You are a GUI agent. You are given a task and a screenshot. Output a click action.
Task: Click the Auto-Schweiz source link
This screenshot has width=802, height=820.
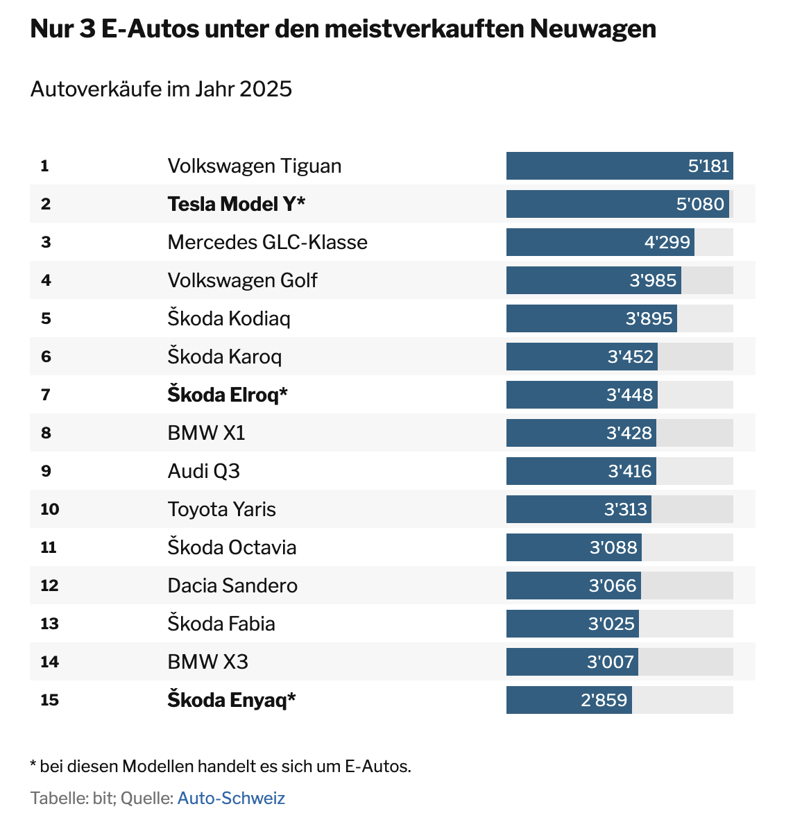231,798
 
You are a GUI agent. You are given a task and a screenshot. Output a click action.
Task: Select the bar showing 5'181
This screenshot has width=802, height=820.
619,166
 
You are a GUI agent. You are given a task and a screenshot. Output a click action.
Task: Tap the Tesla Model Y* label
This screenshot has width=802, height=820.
236,204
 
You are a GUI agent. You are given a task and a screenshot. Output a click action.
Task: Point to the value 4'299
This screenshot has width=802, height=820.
667,242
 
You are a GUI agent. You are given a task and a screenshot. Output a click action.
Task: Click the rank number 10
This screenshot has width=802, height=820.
50,509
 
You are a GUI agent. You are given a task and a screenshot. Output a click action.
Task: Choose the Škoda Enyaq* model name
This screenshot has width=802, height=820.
231,700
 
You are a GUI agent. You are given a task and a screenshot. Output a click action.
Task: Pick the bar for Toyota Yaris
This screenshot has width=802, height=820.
578,509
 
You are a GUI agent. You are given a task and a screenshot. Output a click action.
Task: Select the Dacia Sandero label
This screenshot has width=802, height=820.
232,586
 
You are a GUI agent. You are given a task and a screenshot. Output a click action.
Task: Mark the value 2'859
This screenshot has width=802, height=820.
604,700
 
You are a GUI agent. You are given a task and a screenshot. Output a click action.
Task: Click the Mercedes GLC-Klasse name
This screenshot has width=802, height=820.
267,242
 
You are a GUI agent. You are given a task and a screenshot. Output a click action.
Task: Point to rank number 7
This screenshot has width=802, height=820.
46,395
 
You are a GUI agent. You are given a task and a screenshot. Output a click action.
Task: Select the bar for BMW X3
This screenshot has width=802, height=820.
572,662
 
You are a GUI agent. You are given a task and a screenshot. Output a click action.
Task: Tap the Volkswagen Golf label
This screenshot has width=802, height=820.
242,280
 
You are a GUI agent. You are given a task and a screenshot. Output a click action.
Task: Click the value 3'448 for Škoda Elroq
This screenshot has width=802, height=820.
629,395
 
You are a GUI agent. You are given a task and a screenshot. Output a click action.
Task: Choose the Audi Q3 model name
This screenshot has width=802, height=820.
203,471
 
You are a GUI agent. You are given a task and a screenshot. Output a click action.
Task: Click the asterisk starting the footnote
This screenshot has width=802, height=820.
33,765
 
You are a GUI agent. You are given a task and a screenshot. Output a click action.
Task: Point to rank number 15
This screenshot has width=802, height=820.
50,700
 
